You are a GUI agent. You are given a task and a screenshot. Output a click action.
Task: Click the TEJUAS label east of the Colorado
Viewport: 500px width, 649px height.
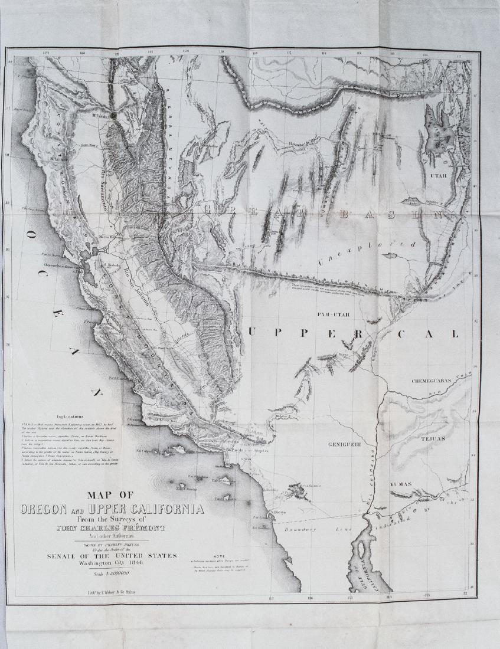(433, 439)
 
